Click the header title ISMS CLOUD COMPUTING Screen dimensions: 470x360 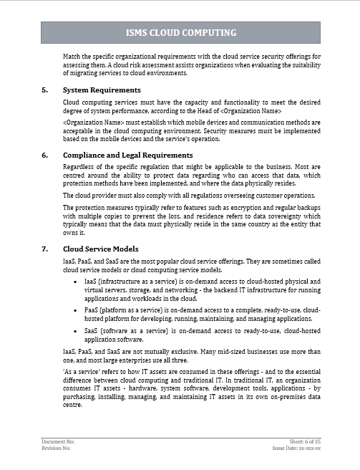pyautogui.click(x=180, y=33)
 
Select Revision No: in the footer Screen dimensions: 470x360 pyautogui.click(x=56, y=450)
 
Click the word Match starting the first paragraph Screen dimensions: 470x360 pyautogui.click(x=73, y=55)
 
